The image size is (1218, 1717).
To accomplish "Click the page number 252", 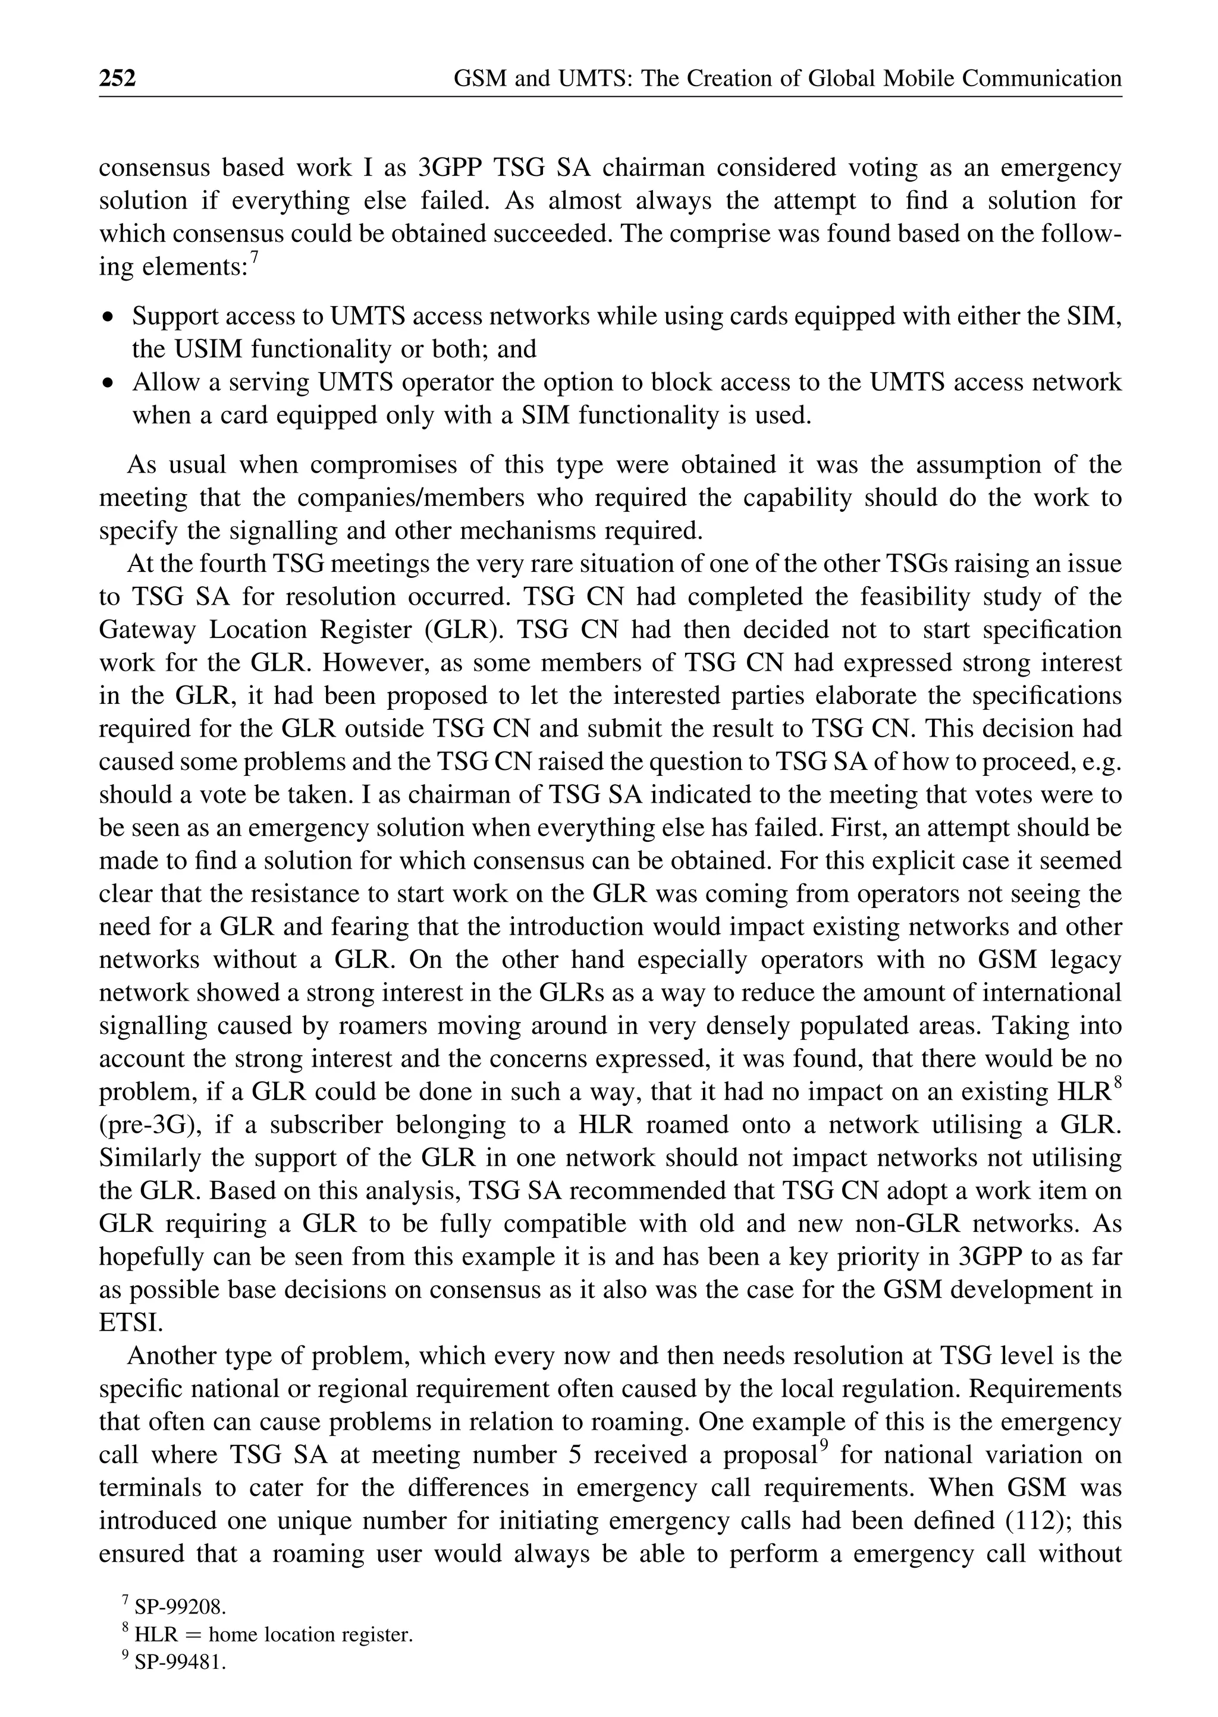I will [x=118, y=78].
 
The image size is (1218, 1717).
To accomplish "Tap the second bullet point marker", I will [x=109, y=383].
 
